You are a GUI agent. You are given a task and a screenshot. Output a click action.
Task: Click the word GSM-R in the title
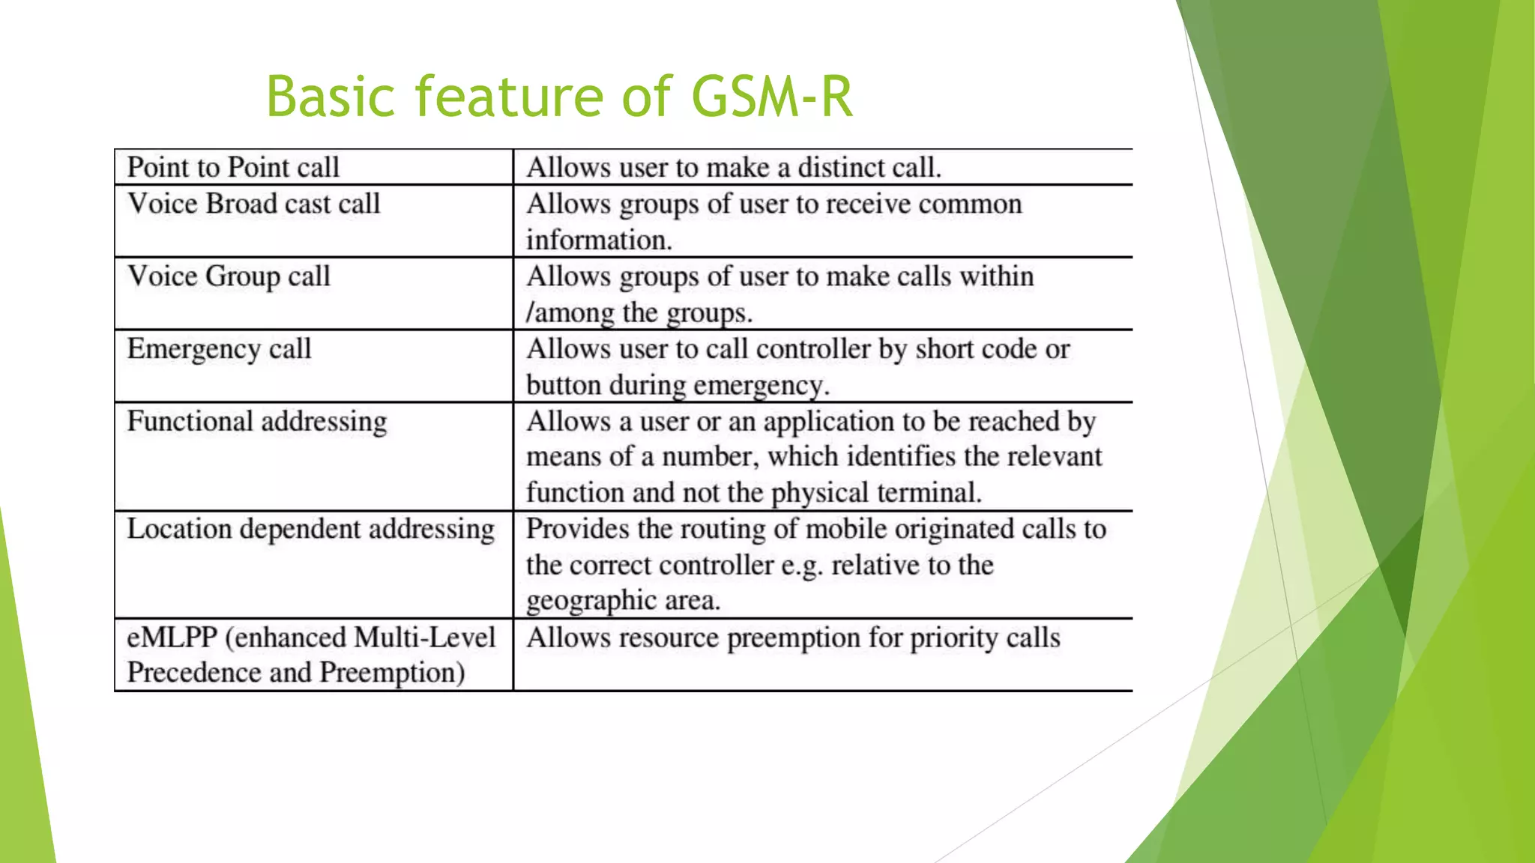(x=772, y=97)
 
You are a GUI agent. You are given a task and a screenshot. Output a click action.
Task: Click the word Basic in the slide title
(x=331, y=97)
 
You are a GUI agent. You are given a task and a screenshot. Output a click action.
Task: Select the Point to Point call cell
(x=233, y=167)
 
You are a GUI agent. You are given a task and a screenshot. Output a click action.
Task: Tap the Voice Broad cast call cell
(x=254, y=204)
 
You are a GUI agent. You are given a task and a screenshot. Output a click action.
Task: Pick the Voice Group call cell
(x=229, y=276)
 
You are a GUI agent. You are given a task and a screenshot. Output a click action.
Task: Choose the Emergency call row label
(x=219, y=349)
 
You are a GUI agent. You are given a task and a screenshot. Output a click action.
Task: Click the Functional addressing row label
(x=257, y=421)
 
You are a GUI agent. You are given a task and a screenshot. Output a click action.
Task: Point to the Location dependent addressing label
(x=310, y=529)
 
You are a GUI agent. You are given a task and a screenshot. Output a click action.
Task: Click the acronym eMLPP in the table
(x=172, y=638)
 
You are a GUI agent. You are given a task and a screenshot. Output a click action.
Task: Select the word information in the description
(x=598, y=240)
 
